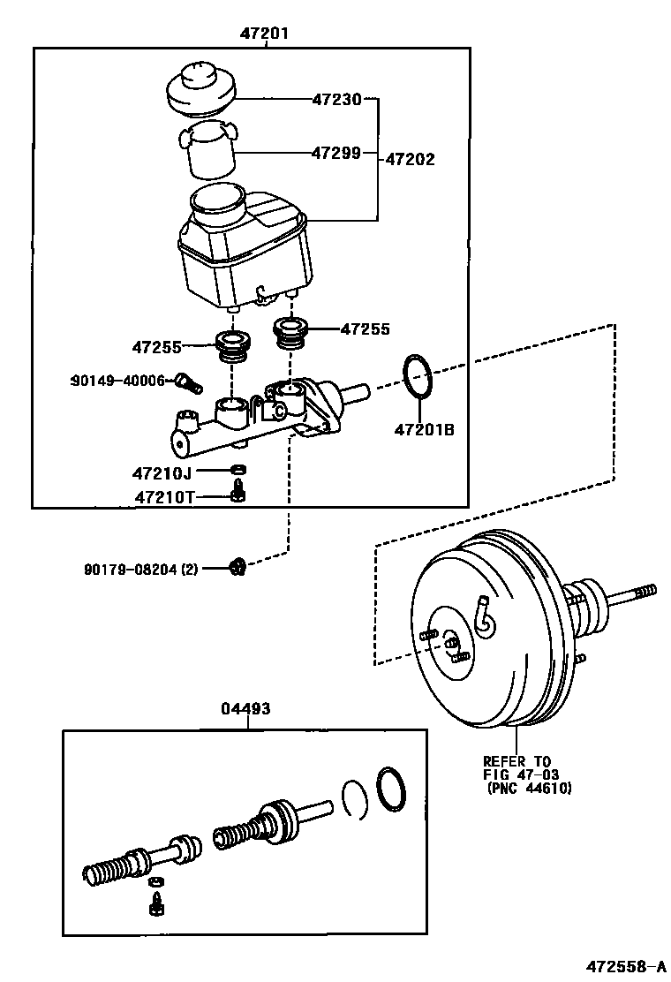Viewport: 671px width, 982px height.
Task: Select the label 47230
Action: (x=336, y=100)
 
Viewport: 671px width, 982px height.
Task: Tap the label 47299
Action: (x=336, y=153)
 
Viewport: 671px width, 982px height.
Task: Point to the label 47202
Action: (x=411, y=160)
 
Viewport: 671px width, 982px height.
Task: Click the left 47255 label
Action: (x=158, y=348)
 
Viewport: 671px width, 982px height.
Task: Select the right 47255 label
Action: (x=366, y=329)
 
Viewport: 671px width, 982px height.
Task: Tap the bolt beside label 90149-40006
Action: (x=188, y=382)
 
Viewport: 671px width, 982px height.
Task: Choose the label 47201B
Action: (x=424, y=431)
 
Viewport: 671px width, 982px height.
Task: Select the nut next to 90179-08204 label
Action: (x=237, y=567)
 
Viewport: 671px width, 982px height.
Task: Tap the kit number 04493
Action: (x=247, y=708)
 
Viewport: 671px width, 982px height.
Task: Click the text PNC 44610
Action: (x=530, y=789)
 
